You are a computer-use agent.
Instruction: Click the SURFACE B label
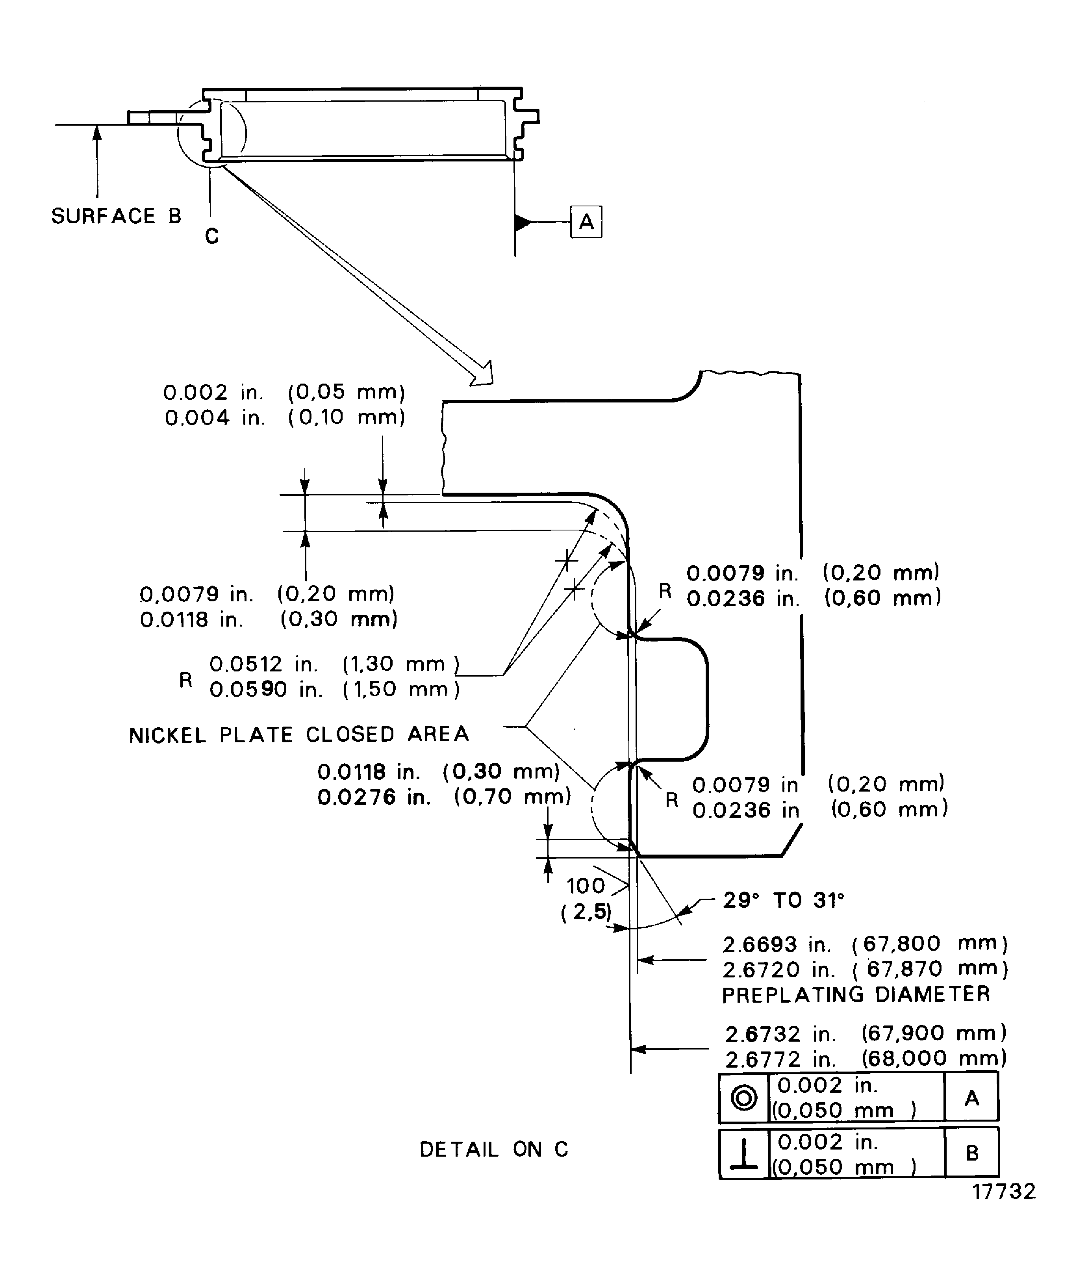click(116, 216)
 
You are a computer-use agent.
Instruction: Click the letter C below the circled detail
click(212, 236)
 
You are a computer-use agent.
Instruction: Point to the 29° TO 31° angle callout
click(783, 900)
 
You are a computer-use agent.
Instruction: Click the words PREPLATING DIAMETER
click(855, 994)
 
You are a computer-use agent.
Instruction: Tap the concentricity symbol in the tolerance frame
click(743, 1098)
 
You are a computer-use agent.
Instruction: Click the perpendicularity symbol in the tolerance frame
click(743, 1153)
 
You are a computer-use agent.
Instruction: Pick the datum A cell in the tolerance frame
click(971, 1098)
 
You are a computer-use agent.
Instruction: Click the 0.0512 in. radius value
click(264, 664)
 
